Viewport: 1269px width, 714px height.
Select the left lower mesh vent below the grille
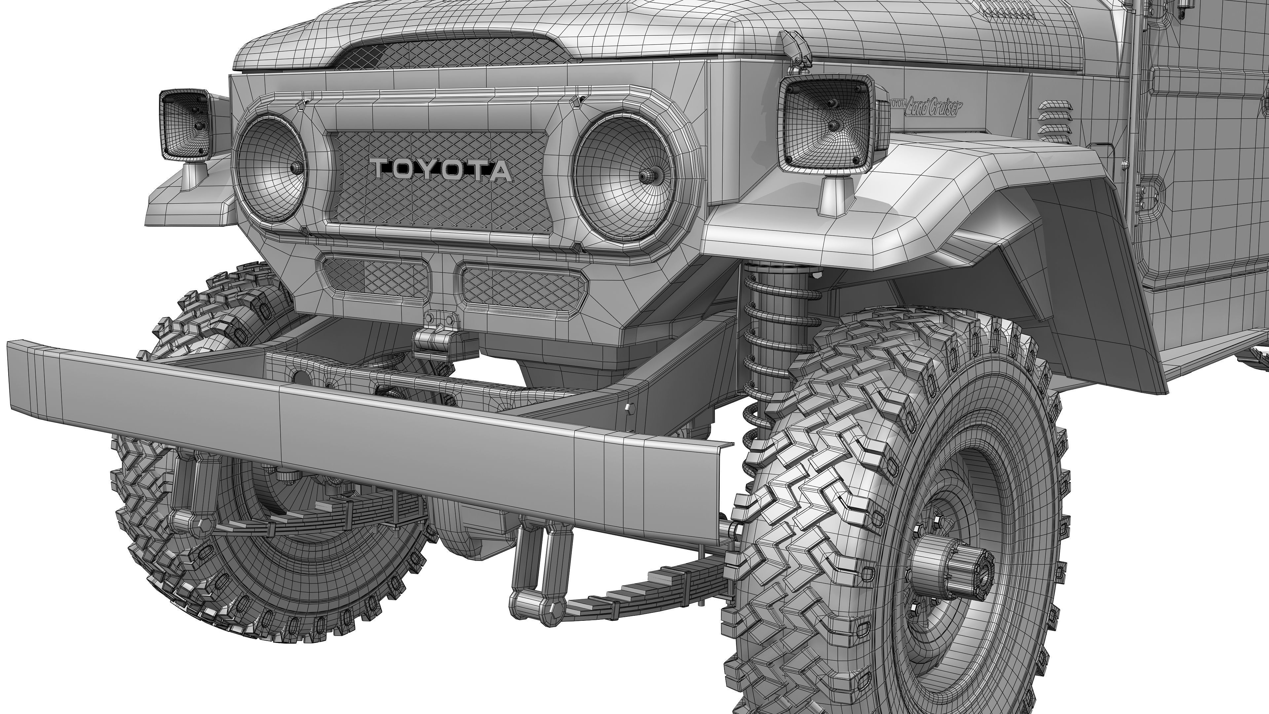click(x=374, y=278)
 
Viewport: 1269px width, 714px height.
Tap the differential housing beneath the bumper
click(x=468, y=532)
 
